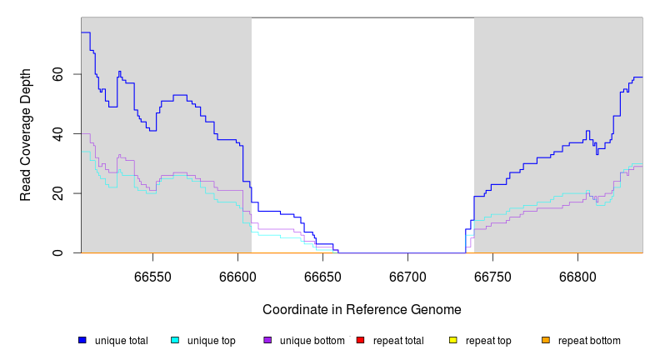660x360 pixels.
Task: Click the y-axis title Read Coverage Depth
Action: (x=26, y=135)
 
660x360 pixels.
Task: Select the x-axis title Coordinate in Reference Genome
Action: (x=362, y=309)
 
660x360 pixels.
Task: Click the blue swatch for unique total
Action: (x=82, y=340)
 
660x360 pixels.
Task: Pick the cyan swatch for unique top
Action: (x=175, y=340)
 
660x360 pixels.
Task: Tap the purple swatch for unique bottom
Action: (x=267, y=340)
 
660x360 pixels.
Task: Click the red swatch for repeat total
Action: (x=360, y=340)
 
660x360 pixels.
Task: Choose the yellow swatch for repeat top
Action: (x=453, y=340)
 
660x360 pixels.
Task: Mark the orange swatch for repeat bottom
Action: (x=546, y=340)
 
